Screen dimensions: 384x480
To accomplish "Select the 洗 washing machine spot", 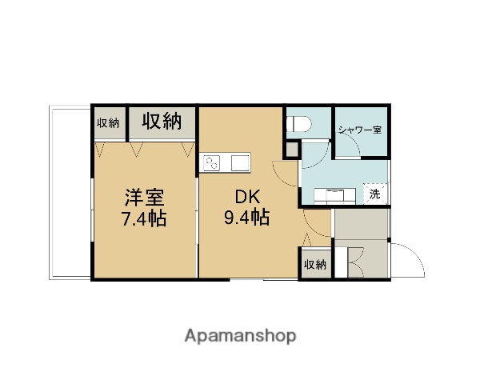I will pos(374,194).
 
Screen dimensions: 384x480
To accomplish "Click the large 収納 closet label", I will pos(162,122).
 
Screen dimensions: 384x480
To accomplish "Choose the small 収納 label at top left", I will pos(108,122).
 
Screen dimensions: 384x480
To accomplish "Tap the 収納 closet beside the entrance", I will pos(315,264).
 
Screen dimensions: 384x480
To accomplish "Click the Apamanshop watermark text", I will pos(240,336).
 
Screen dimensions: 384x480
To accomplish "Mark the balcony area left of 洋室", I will pos(70,192).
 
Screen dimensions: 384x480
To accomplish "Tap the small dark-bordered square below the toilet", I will pos(292,150).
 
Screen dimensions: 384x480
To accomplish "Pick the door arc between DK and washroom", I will pos(286,172).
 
